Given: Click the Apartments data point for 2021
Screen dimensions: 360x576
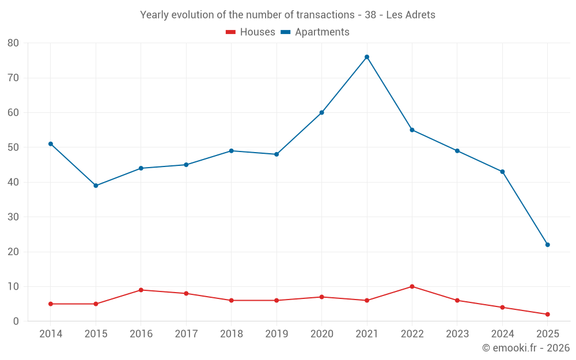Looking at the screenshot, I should [367, 57].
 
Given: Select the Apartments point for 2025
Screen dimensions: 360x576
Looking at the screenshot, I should [547, 245].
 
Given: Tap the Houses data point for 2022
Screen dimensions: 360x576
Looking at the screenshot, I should [412, 286].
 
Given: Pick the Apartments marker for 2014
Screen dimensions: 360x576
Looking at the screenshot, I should [51, 144].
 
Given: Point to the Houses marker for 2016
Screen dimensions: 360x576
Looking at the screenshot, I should [141, 290].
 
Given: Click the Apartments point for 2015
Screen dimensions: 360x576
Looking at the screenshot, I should [96, 185].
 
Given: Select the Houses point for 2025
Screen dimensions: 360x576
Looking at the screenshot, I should [547, 314].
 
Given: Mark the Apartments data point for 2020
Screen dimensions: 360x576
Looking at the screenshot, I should [321, 112].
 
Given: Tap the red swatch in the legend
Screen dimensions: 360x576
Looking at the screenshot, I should [231, 32].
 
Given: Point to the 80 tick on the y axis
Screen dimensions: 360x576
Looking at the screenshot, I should [13, 43].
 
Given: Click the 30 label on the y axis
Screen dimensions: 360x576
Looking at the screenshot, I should [13, 217].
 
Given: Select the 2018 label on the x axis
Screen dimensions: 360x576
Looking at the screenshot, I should [232, 334].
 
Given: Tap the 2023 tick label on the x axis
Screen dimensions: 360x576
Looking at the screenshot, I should [457, 334].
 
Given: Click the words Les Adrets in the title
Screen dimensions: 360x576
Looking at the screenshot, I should [411, 14].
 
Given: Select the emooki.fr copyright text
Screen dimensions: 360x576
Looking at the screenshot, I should [525, 348].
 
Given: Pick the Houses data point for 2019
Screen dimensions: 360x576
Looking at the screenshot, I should [276, 300].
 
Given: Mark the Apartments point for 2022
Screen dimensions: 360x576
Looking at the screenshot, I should [412, 130].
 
